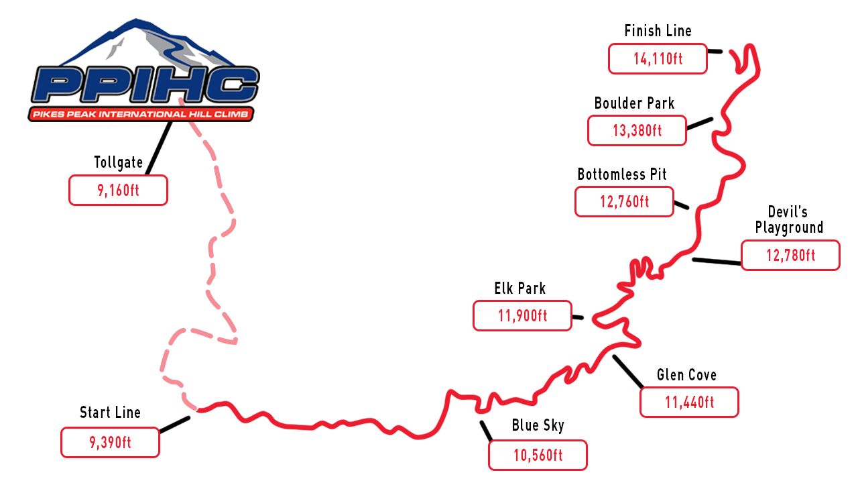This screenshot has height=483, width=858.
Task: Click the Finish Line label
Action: coord(658,31)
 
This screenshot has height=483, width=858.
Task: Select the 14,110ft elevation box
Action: coord(658,58)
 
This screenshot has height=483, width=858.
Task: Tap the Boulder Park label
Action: coord(634,103)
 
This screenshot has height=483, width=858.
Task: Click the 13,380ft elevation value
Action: coord(637,131)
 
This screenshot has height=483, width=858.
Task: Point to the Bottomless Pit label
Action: coord(622,174)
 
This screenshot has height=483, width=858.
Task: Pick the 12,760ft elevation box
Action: coord(624,202)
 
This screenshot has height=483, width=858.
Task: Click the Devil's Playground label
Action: coord(789,219)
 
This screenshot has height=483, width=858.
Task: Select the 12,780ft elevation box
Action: coord(790,256)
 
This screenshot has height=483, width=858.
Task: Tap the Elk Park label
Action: coord(519,288)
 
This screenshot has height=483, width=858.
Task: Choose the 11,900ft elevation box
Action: coord(522,315)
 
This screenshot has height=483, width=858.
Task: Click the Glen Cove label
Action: coord(687,375)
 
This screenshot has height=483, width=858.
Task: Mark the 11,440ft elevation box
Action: coord(689,402)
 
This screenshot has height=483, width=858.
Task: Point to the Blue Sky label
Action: coord(538,425)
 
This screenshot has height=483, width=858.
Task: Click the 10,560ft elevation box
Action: coord(538,455)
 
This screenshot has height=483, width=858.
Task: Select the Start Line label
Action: coord(111,413)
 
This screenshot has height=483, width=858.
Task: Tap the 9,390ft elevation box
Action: coord(111,442)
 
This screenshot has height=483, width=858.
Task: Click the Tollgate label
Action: coord(119,162)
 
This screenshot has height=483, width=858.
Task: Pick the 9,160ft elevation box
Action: coord(119,190)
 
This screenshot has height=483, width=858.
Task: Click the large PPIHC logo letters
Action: coord(145,85)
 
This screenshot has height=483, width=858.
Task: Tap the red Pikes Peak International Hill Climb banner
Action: coord(141,114)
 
